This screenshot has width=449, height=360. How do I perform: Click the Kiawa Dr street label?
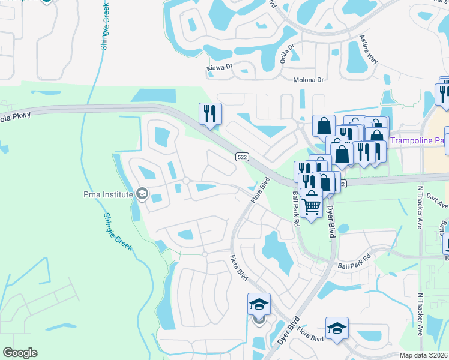(220, 68)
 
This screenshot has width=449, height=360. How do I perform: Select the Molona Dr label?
(309, 80)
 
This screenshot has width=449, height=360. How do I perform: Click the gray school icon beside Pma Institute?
(142, 193)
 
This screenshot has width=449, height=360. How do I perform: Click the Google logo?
(20, 353)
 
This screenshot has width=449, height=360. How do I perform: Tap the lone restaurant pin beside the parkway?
(210, 114)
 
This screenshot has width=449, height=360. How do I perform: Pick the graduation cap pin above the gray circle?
(259, 304)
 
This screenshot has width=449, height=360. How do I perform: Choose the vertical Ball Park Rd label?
(295, 209)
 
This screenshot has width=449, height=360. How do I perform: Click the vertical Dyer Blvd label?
(330, 221)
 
